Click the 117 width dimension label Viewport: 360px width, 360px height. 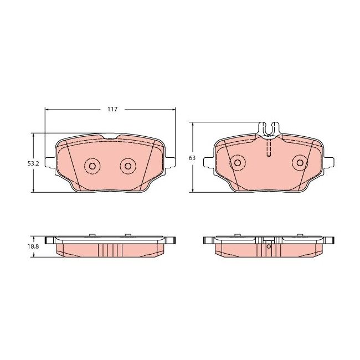pos(112,109)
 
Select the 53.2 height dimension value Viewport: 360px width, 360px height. pos(33,164)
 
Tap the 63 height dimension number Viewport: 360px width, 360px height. pos(192,158)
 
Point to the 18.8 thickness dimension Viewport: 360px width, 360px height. pos(33,246)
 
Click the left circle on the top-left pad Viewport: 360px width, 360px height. pos(92,166)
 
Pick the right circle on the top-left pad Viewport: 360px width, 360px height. pos(128,166)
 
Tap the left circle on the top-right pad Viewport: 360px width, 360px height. pos(238,162)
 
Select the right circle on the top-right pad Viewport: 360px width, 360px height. pos(301,162)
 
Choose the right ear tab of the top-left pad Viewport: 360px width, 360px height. pos(168,164)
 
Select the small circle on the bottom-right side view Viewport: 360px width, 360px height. pos(269,248)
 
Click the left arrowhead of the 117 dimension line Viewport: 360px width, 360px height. pos(47,109)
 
